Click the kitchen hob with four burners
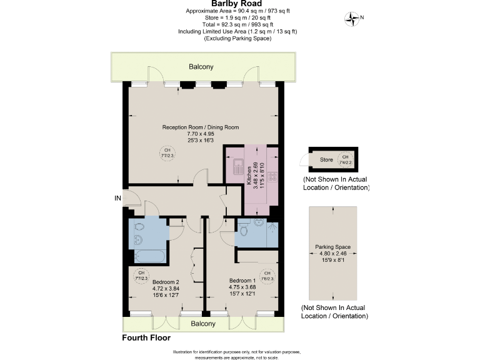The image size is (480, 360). [272, 177]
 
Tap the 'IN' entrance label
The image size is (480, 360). [117, 198]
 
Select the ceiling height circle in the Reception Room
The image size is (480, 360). [167, 152]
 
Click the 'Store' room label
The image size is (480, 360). [326, 159]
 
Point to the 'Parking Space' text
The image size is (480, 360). [333, 247]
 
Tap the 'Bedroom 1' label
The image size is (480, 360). [242, 280]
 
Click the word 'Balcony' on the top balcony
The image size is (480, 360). [201, 66]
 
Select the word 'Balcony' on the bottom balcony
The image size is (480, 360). [203, 324]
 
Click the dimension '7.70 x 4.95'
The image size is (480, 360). [201, 134]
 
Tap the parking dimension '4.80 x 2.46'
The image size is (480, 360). [333, 253]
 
